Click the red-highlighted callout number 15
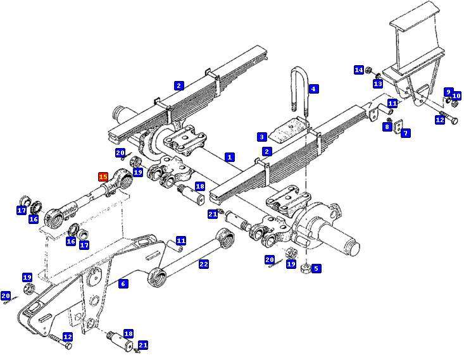[x=103, y=177]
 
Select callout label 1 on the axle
[x=230, y=157]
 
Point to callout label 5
[x=316, y=268]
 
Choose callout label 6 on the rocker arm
[x=123, y=283]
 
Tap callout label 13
[x=378, y=84]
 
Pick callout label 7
[x=405, y=133]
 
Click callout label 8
[x=387, y=127]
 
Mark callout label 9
[x=448, y=92]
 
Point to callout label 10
[x=456, y=96]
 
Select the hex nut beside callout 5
[x=305, y=269]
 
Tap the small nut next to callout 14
[x=368, y=70]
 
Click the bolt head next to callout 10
[x=455, y=104]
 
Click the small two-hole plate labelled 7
[x=398, y=126]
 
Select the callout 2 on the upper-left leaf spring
[x=179, y=86]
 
